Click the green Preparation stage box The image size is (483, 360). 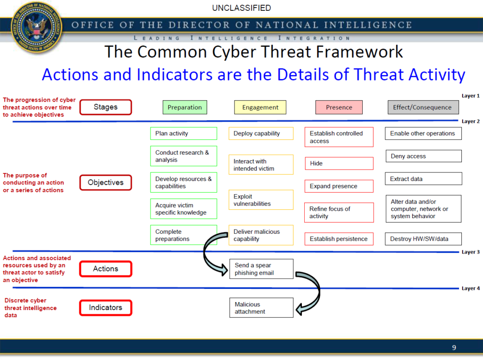click(184, 107)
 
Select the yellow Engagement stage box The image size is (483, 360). click(260, 107)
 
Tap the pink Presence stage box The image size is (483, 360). click(339, 107)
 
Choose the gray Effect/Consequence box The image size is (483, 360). click(422, 107)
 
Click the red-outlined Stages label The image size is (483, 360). click(105, 107)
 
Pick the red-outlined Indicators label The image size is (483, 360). click(105, 308)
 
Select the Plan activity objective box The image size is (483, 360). click(183, 134)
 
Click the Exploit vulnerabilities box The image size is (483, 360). click(261, 200)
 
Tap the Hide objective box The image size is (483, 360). click(339, 164)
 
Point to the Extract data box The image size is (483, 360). click(423, 179)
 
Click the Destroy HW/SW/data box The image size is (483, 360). click(423, 239)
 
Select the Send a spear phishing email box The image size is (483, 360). click(261, 269)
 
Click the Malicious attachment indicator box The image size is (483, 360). click(261, 308)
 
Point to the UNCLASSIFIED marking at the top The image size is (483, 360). click(241, 8)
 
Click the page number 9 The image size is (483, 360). click(454, 348)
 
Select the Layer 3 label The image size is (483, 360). click(470, 252)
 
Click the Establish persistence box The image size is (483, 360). click(339, 239)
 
